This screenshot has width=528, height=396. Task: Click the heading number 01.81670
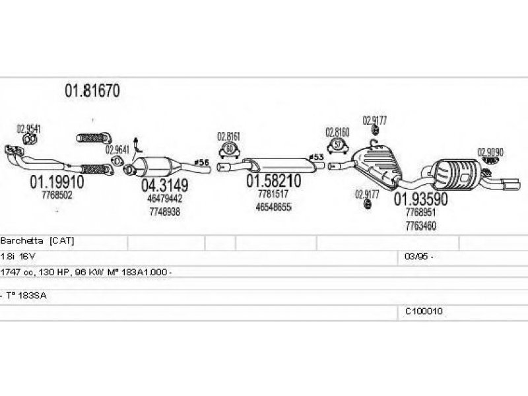[x=92, y=91]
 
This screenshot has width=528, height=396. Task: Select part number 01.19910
[x=55, y=181]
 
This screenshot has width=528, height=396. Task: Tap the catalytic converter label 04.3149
[x=164, y=184]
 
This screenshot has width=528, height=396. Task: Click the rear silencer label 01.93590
[x=421, y=199]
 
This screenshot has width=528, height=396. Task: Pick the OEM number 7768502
[x=57, y=195]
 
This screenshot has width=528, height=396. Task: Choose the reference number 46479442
[x=164, y=198]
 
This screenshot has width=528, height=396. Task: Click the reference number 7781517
[x=272, y=194]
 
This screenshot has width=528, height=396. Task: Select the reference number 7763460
[x=422, y=225]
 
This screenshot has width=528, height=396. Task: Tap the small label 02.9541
[x=28, y=129]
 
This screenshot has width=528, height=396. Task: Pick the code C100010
[x=424, y=311]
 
